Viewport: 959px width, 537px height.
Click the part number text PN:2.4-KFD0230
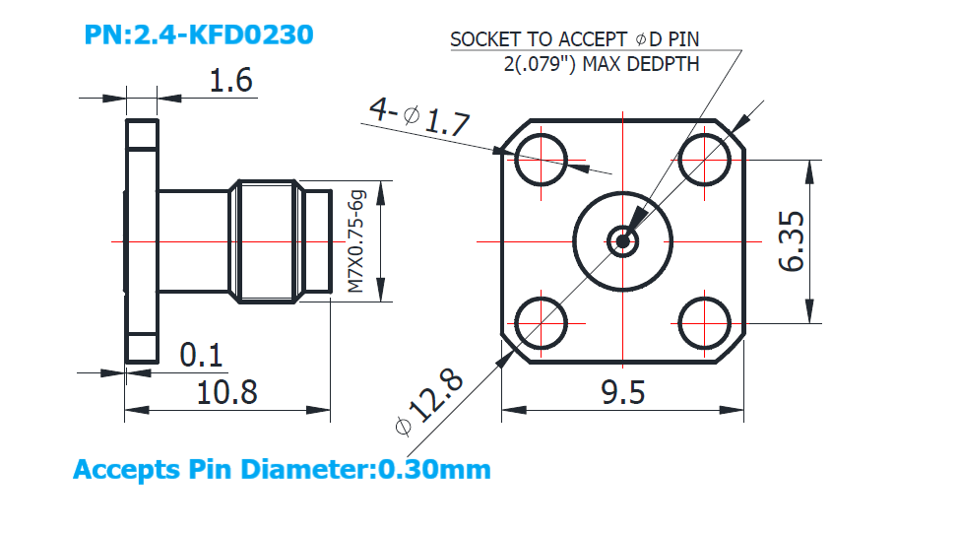click(199, 34)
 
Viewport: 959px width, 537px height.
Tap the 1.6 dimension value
click(230, 81)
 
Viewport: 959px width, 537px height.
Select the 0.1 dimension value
click(201, 355)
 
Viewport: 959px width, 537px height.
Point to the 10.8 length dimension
click(226, 392)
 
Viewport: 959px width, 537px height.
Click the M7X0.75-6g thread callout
click(356, 241)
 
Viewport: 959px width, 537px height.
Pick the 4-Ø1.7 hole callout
click(419, 115)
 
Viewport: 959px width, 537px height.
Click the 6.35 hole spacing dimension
click(792, 240)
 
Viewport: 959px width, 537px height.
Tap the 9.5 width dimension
click(622, 392)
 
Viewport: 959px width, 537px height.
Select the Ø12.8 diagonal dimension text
click(429, 402)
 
